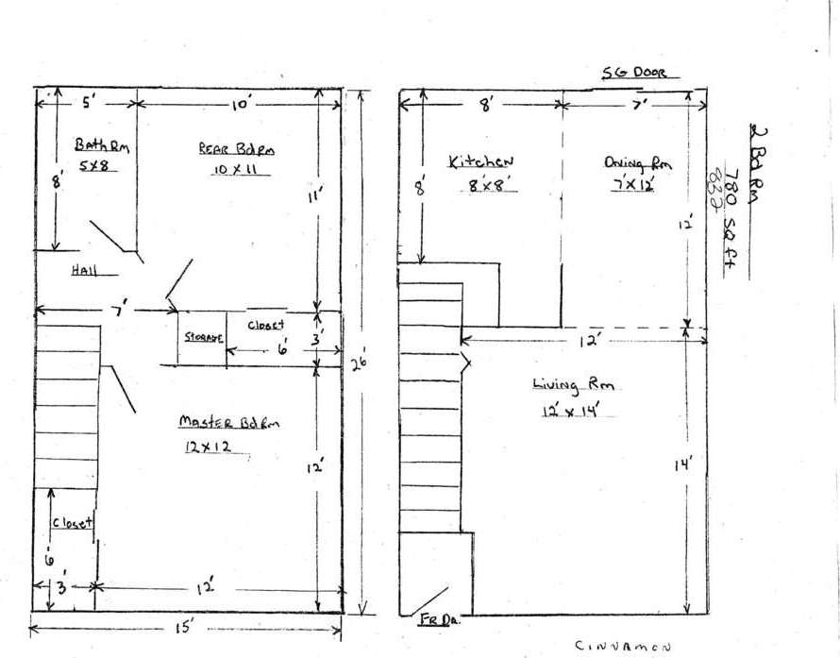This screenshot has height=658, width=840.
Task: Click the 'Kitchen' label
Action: tap(479, 162)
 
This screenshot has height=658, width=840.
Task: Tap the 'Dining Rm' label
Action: tap(637, 162)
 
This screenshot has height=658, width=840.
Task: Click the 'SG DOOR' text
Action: tap(633, 73)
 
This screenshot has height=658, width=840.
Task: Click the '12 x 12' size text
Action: tap(210, 448)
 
